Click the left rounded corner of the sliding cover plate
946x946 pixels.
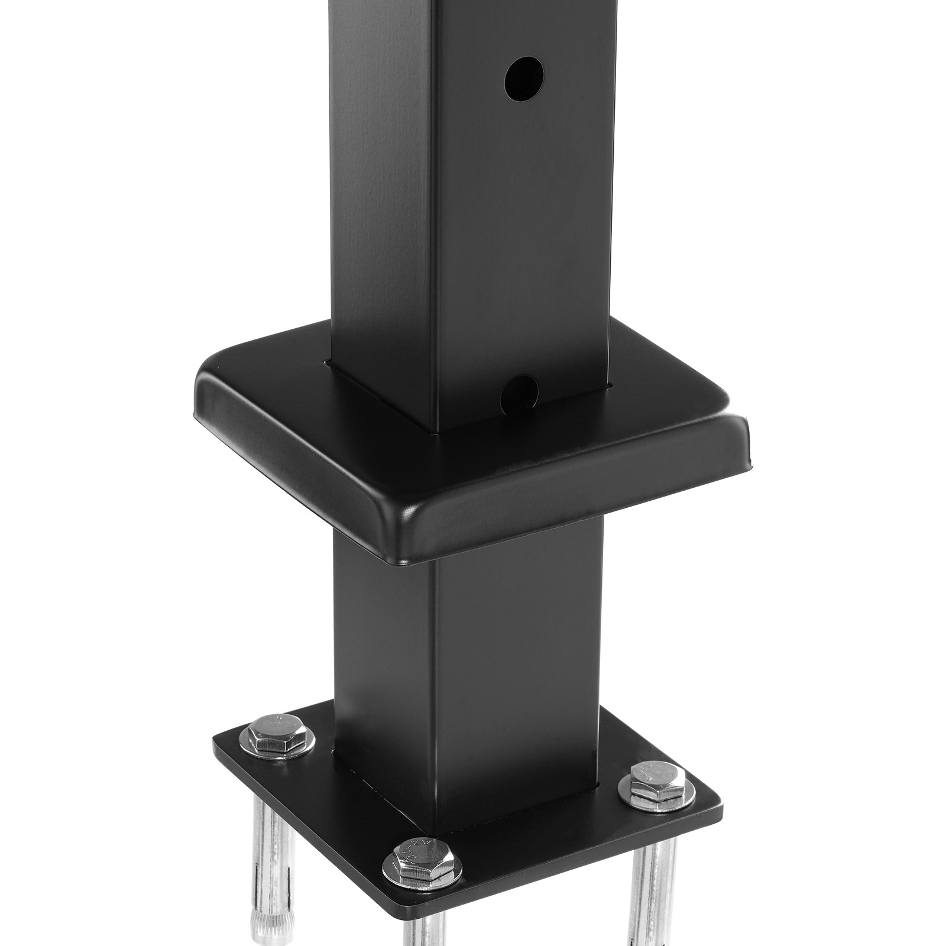click(x=204, y=390)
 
